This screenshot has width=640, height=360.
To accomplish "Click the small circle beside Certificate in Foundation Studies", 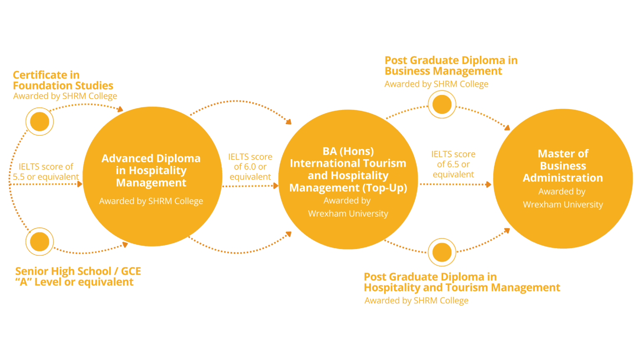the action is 40,121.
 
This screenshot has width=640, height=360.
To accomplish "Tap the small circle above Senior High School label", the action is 40,242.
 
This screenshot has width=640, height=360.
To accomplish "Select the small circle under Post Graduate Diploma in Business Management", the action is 442,104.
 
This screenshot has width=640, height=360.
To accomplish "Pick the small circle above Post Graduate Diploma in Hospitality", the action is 442,252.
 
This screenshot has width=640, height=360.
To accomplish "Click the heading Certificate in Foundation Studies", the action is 63,80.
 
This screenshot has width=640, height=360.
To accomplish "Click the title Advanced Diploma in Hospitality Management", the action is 151,170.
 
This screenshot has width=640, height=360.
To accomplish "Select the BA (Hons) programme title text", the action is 348,170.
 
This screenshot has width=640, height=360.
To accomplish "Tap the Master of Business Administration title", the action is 563,166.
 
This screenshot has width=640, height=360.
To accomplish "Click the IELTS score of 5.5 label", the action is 46,171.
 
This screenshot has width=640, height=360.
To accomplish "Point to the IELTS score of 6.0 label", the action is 250,167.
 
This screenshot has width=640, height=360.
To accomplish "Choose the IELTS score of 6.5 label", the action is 453,164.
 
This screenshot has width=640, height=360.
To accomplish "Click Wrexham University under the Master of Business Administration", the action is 563,205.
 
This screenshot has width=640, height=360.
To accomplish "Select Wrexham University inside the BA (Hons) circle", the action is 348,214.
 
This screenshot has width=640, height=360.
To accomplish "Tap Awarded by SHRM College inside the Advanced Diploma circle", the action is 151,201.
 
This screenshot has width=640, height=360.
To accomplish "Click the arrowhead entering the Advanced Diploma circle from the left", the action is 80,184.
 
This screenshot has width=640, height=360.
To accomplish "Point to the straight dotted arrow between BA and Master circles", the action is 455,184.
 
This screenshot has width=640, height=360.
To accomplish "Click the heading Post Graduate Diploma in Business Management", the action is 451,66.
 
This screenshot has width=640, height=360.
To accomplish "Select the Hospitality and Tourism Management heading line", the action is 462,287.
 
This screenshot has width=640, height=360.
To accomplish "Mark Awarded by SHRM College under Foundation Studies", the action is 65,96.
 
